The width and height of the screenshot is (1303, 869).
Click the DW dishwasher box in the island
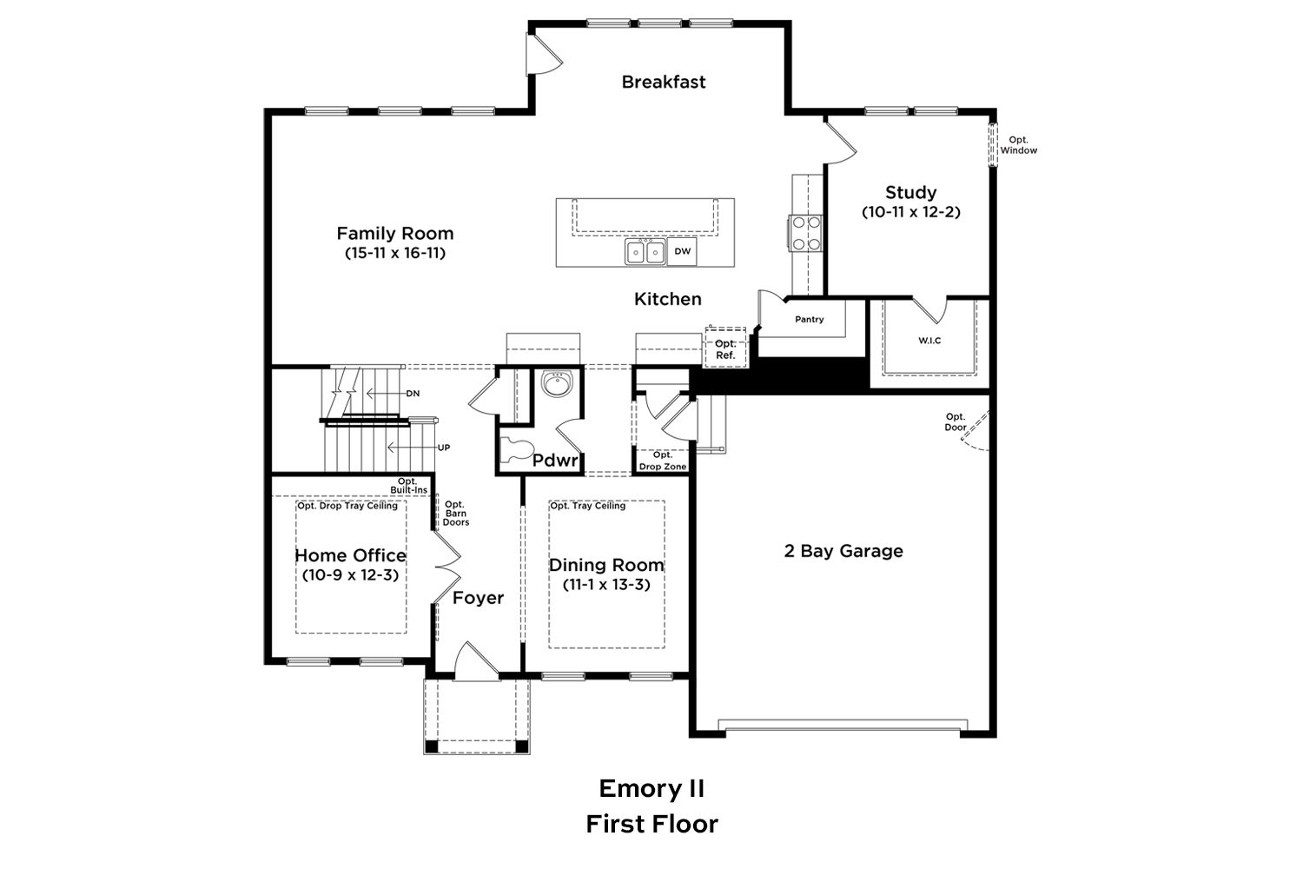(682, 251)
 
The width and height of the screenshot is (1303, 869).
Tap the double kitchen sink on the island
(645, 252)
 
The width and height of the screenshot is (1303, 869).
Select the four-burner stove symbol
(806, 234)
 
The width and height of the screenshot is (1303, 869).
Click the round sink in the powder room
(558, 384)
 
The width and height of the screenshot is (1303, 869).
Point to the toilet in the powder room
(517, 449)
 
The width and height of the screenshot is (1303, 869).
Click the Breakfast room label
(664, 82)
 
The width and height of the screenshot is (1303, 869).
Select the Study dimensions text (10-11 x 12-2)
(911, 212)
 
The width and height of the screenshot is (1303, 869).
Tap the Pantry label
(809, 320)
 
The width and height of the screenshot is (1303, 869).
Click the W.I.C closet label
(929, 341)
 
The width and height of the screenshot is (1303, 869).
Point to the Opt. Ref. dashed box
(725, 348)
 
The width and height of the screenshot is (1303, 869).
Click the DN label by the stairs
(413, 394)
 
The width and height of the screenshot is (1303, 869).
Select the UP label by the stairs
(444, 448)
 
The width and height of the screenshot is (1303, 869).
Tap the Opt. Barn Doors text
(456, 514)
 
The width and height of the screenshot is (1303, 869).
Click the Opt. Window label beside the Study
(1019, 145)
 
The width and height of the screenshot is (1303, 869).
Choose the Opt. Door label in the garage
(956, 422)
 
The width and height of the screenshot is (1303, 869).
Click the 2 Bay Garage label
(843, 551)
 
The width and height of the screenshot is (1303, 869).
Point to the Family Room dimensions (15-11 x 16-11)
(395, 253)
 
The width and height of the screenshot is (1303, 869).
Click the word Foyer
(478, 599)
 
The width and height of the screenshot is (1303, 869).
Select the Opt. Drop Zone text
(663, 461)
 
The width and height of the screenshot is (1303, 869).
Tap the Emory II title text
(651, 789)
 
